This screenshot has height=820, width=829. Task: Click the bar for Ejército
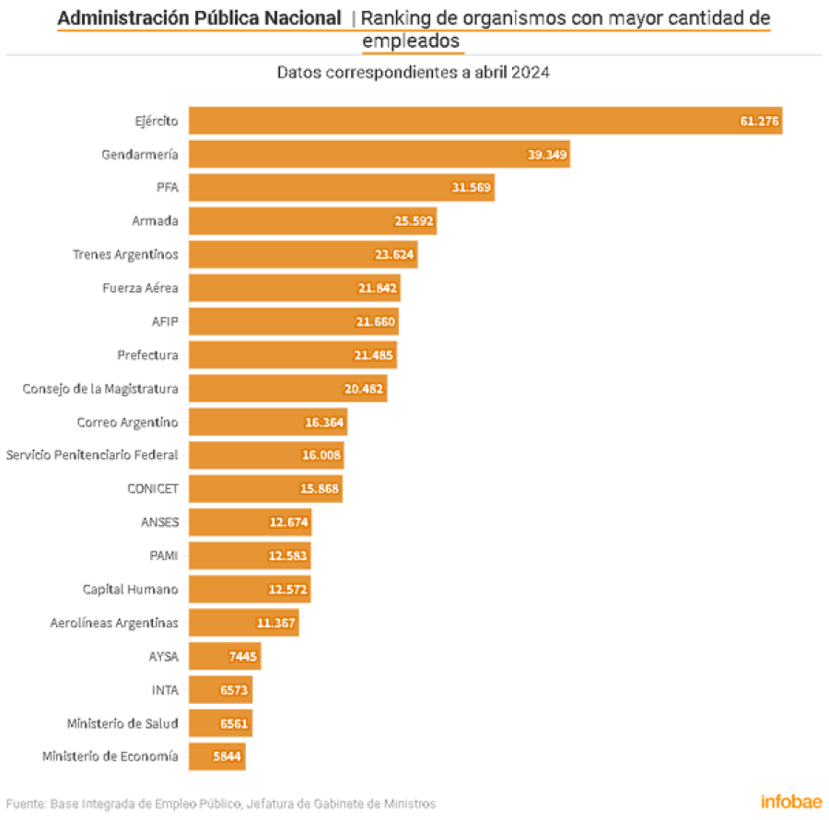pyautogui.click(x=485, y=121)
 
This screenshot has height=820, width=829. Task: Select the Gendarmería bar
pyautogui.click(x=379, y=154)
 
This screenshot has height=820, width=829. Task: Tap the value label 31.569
pyautogui.click(x=471, y=187)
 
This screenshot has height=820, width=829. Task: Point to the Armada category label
pyautogui.click(x=155, y=220)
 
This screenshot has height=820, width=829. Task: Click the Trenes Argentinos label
pyautogui.click(x=125, y=255)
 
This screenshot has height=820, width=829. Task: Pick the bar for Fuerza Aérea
pyautogui.click(x=295, y=287)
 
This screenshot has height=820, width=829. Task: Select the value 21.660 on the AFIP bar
pyautogui.click(x=376, y=322)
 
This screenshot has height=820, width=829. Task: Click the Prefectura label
pyautogui.click(x=147, y=355)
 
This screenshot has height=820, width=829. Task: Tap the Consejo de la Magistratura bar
pyautogui.click(x=288, y=388)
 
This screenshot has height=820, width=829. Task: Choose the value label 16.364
pyautogui.click(x=324, y=422)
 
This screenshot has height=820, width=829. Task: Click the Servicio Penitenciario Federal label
pyautogui.click(x=92, y=454)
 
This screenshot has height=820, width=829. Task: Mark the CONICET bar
pyautogui.click(x=266, y=488)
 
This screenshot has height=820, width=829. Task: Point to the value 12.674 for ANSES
pyautogui.click(x=288, y=522)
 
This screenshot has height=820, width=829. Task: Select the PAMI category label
pyautogui.click(x=164, y=556)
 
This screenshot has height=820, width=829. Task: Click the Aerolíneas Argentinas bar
pyautogui.click(x=244, y=622)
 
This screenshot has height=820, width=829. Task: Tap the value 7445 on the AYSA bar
pyautogui.click(x=242, y=656)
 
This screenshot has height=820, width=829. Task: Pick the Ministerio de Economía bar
pyautogui.click(x=217, y=756)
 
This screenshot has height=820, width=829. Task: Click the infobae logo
pyautogui.click(x=791, y=802)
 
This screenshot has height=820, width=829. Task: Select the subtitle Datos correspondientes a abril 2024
pyautogui.click(x=414, y=72)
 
